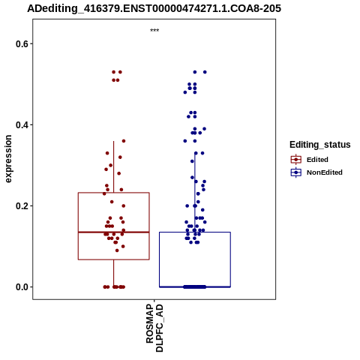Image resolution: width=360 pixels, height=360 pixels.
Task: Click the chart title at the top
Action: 154,8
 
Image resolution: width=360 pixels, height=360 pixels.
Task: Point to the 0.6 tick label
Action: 21,44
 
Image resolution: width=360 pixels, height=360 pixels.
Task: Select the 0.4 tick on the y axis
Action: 21,125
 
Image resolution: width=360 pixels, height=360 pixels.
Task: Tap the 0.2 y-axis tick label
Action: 21,206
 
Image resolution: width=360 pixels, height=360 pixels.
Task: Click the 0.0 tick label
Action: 21,287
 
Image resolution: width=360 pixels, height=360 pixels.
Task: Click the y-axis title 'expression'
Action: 8,159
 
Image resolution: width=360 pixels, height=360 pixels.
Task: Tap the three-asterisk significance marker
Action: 154,31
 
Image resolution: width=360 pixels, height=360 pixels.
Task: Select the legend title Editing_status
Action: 320,145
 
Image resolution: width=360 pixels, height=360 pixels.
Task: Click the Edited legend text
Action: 317,160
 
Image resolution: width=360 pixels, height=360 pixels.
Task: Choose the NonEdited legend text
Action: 325,172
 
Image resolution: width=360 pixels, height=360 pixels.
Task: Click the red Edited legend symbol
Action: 296,160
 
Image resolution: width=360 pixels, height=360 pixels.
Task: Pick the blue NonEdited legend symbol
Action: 296,172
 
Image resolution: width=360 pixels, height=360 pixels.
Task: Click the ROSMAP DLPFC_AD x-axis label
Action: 154,328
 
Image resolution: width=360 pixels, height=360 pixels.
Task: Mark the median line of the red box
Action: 114,232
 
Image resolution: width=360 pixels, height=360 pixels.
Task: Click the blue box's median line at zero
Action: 195,286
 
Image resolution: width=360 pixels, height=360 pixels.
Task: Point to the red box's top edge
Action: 114,193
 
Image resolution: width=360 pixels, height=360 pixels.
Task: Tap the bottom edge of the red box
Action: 114,259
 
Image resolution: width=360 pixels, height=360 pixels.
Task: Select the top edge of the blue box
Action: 195,232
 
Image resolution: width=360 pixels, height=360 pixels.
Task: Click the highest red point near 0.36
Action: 124,141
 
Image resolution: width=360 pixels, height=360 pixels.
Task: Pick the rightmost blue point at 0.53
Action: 205,72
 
